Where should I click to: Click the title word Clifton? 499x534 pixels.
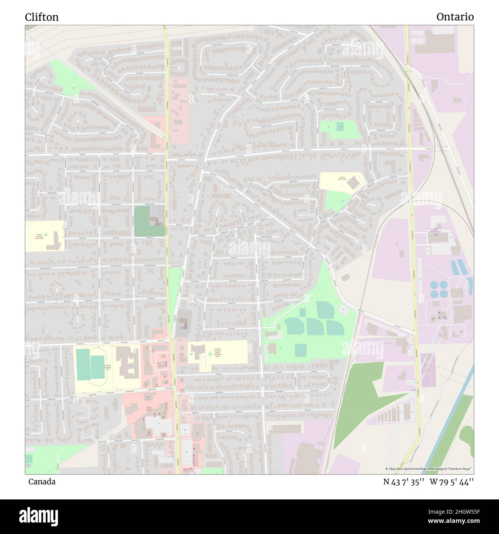click(x=42, y=17)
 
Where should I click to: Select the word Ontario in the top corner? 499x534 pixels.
click(x=455, y=17)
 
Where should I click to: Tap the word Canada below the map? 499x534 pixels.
click(x=41, y=482)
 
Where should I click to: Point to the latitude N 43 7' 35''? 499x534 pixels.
click(x=403, y=482)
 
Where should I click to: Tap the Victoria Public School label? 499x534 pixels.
click(x=341, y=178)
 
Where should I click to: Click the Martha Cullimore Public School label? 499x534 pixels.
click(x=38, y=236)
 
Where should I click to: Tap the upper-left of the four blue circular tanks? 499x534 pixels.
click(x=435, y=285)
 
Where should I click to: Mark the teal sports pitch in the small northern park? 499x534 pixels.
click(x=340, y=126)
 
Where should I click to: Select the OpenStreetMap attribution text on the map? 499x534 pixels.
click(x=429, y=469)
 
